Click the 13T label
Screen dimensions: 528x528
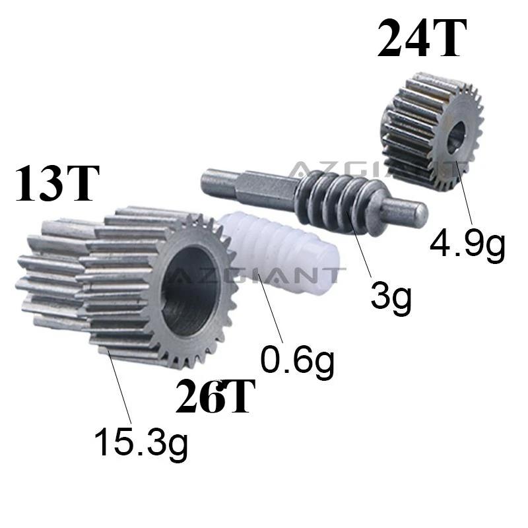[57, 183]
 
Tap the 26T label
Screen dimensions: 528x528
[215, 395]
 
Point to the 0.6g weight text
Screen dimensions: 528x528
[298, 361]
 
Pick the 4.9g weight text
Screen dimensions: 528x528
[467, 243]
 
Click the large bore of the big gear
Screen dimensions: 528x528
[190, 291]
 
